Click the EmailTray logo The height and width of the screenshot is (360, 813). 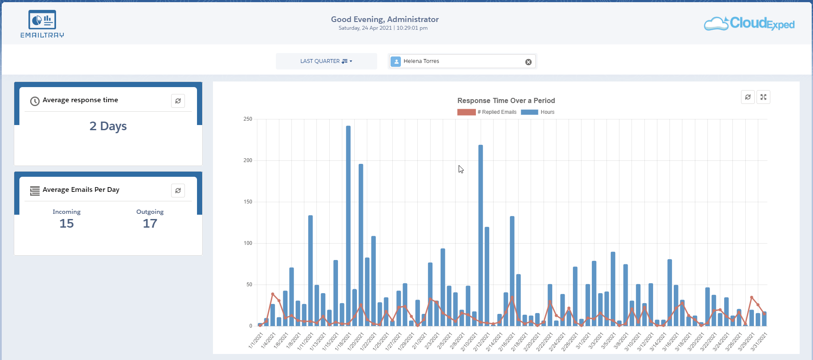point(42,24)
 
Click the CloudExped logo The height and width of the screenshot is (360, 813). point(749,24)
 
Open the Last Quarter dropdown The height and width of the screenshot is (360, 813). point(326,61)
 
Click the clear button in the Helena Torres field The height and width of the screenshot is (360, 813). point(528,62)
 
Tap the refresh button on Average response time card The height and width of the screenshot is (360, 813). point(178,101)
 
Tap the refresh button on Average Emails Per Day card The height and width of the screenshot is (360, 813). point(178,191)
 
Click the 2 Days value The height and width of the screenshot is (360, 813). point(108,126)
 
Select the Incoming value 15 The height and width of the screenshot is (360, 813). point(66,223)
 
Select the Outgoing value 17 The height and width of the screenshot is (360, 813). point(150,223)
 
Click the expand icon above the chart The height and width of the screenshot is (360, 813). point(763,97)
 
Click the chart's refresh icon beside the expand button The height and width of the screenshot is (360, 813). point(748,97)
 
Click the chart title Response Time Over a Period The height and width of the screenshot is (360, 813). point(506,100)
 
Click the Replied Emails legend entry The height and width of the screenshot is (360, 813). point(487,112)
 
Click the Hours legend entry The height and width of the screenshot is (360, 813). point(538,112)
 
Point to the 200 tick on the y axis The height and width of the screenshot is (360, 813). point(248,160)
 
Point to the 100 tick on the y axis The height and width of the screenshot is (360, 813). point(248,243)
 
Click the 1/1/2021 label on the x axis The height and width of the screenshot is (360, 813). point(256,341)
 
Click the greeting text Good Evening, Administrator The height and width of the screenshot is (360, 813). point(385,19)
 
